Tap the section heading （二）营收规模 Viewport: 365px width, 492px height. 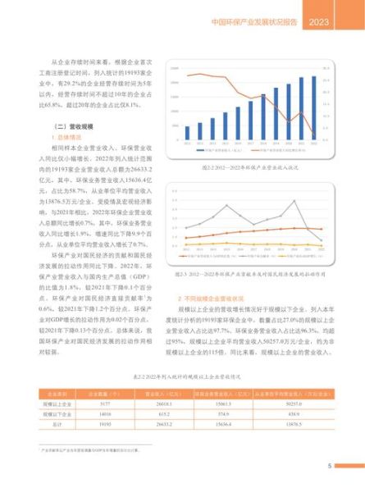tap(71, 126)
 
